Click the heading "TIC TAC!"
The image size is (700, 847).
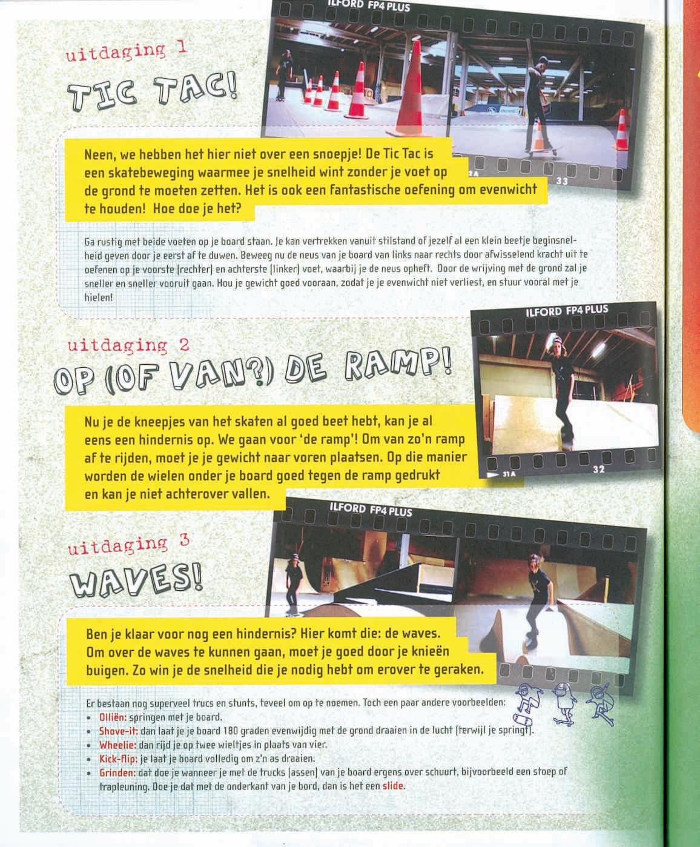[x=153, y=93]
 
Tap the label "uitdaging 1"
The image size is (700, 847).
[x=126, y=52]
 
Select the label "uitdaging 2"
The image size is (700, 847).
[x=128, y=345]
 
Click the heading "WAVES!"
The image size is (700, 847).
[x=136, y=580]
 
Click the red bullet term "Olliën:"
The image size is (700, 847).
[x=113, y=717]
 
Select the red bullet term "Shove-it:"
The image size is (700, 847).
[x=119, y=731]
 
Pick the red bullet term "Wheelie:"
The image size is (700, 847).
[x=117, y=745]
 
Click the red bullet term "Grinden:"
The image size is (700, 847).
[x=117, y=772]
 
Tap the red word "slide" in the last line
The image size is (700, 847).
[x=392, y=786]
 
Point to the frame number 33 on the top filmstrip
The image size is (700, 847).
[x=562, y=181]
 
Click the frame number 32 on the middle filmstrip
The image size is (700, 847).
[x=599, y=470]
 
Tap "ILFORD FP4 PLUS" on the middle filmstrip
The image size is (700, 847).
[x=567, y=311]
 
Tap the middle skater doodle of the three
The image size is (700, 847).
[x=564, y=704]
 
